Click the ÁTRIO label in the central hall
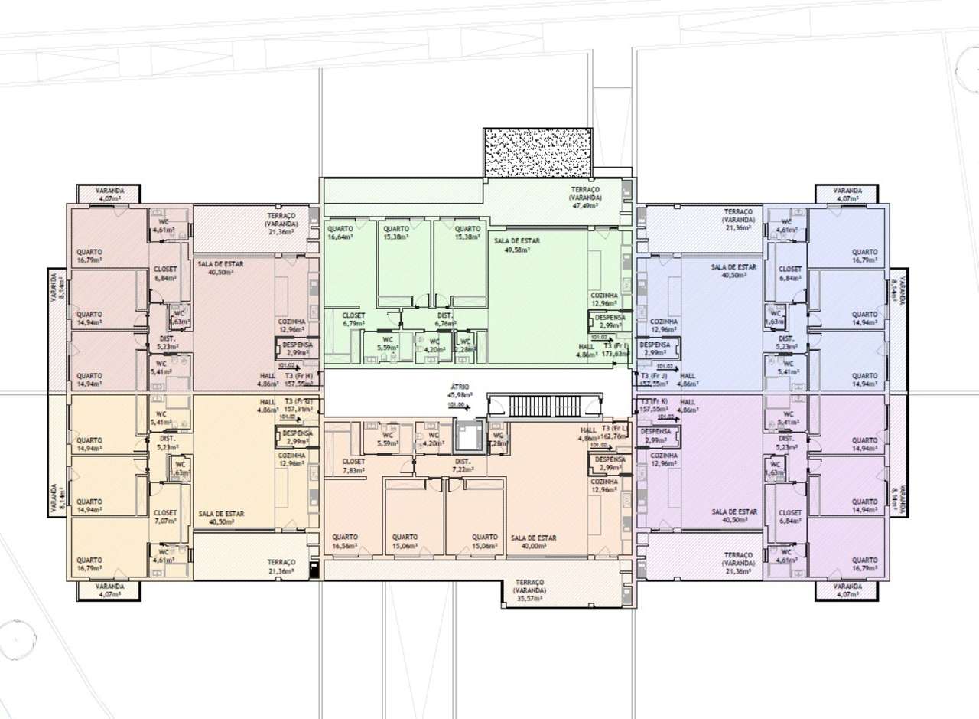point(460,387)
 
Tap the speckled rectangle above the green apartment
point(537,153)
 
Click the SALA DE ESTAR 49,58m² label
point(517,240)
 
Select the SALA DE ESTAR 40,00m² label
point(534,538)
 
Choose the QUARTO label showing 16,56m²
point(345,537)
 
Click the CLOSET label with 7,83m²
point(353,462)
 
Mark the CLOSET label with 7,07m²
point(165,513)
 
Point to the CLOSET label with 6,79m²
point(353,315)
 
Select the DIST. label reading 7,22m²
point(462,462)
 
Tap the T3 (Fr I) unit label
point(615,346)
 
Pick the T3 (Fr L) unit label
point(614,428)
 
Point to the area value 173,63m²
point(615,355)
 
